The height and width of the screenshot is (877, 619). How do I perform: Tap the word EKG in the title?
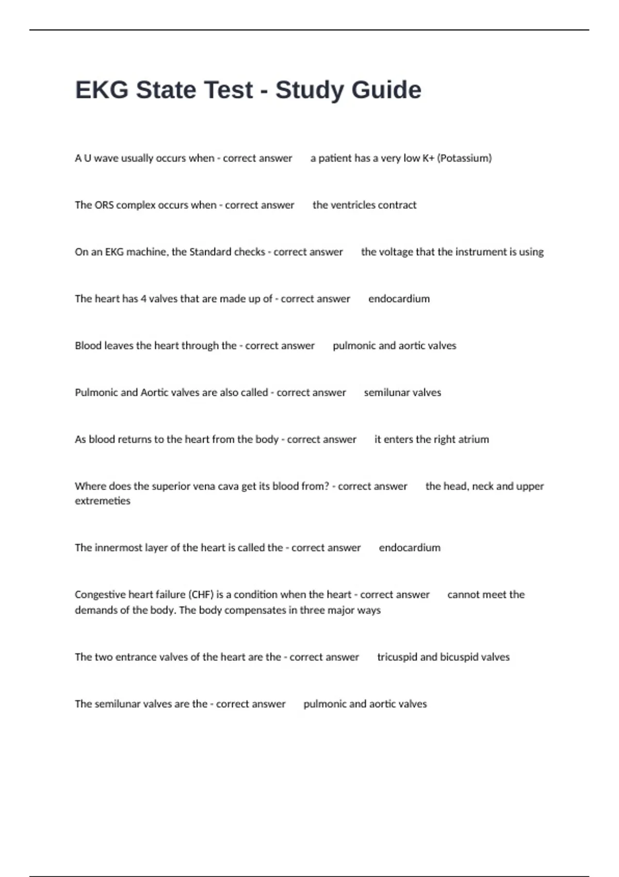pyautogui.click(x=102, y=90)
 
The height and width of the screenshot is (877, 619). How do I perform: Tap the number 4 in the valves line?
pyautogui.click(x=143, y=299)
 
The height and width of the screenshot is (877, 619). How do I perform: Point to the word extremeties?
pyautogui.click(x=102, y=501)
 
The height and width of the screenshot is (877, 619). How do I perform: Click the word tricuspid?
pyautogui.click(x=397, y=657)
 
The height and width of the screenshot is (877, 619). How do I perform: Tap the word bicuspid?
pyautogui.click(x=459, y=657)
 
